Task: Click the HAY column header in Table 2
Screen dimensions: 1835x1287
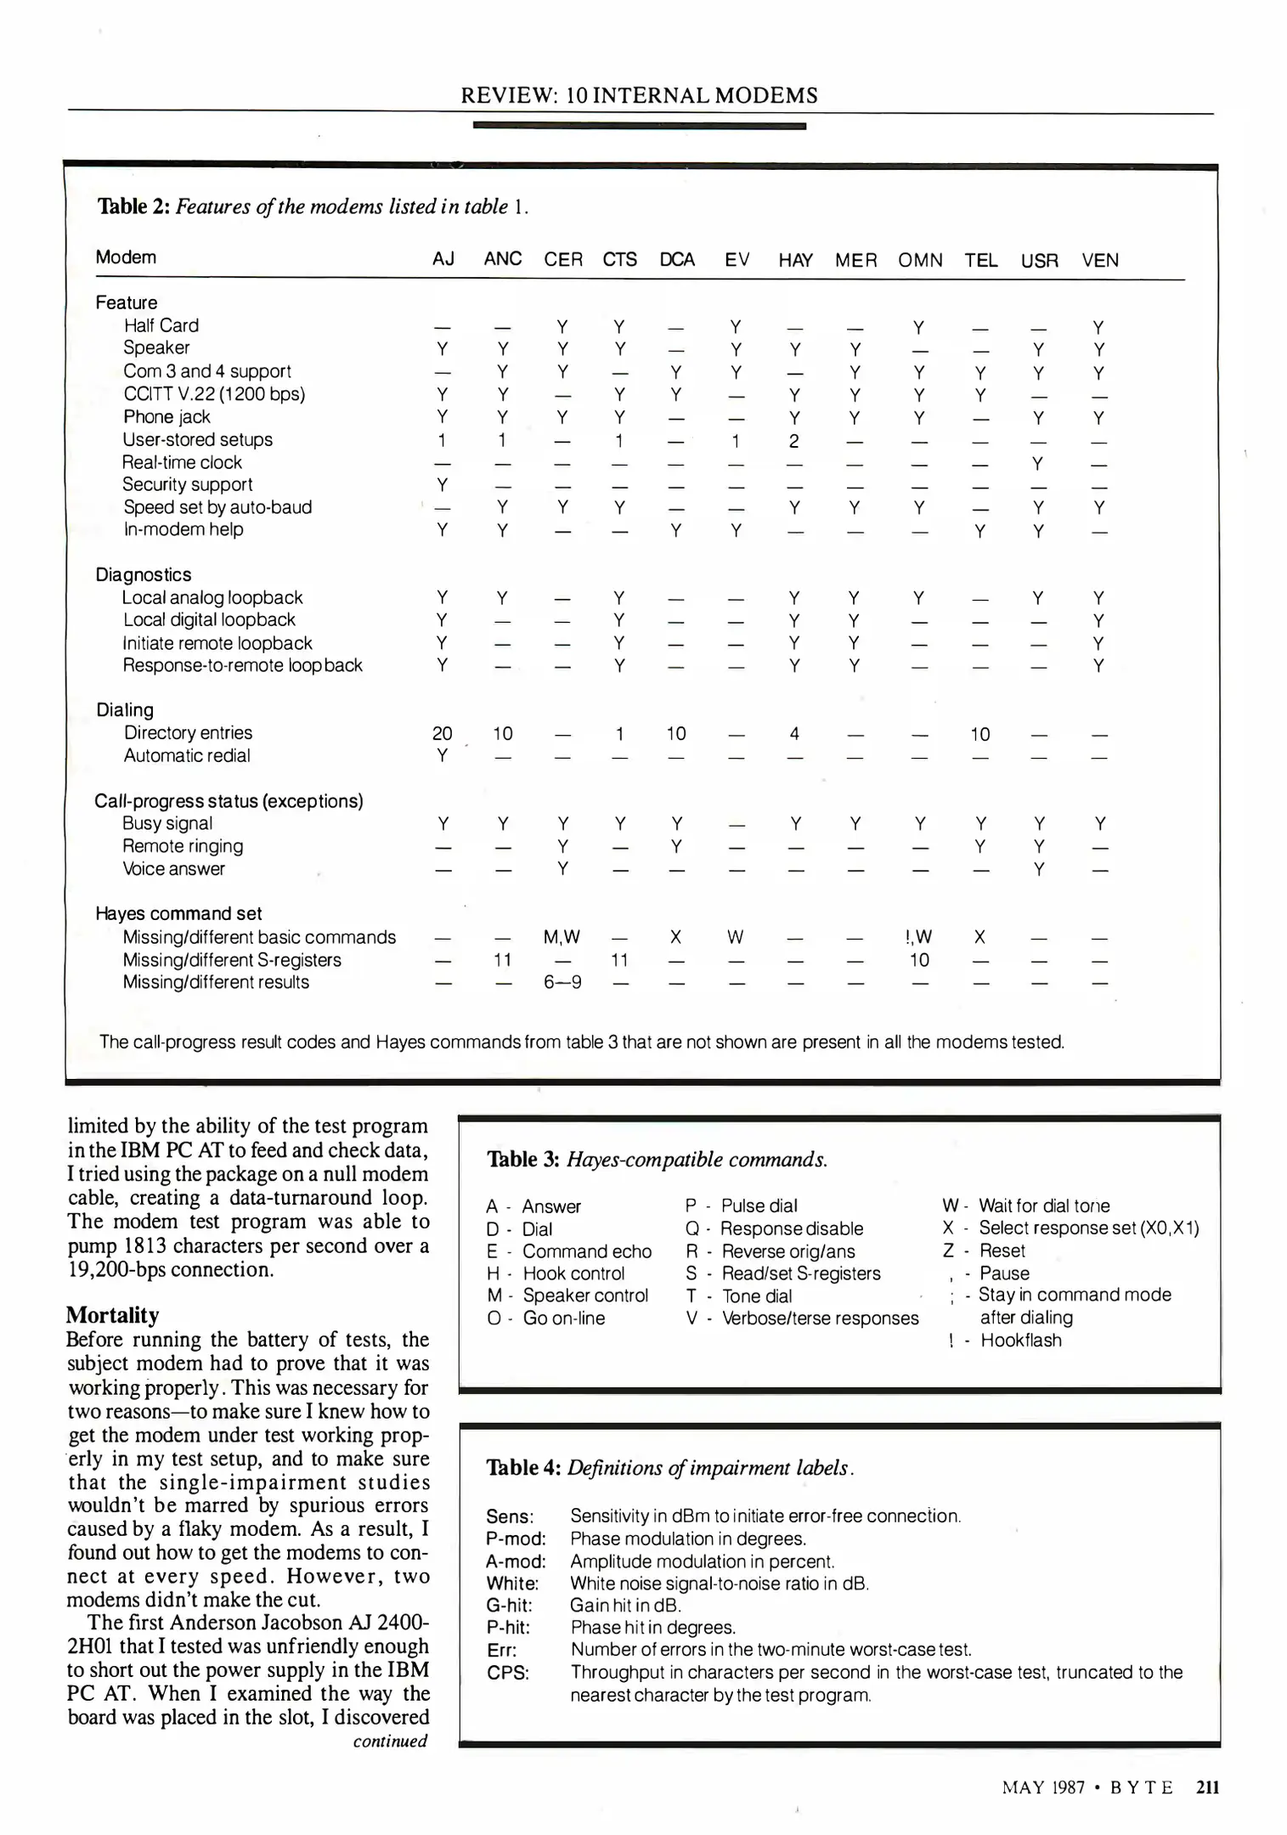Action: point(795,261)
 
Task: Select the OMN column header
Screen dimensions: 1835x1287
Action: point(920,261)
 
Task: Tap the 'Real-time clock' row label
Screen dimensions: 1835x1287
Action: point(182,463)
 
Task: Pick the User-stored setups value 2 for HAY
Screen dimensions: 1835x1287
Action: point(793,441)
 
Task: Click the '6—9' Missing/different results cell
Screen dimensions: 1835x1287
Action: point(562,983)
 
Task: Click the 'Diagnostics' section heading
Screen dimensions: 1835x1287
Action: point(143,575)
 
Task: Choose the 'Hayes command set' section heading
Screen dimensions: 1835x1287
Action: point(178,914)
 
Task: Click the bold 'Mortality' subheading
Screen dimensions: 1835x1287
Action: point(112,1316)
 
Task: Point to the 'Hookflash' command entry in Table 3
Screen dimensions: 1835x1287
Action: point(1020,1341)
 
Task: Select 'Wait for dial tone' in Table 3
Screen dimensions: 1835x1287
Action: point(1043,1206)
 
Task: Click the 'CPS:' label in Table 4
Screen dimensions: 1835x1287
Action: point(507,1673)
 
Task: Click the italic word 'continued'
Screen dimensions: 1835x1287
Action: point(390,1741)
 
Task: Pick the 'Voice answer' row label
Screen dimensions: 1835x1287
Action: point(173,869)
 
